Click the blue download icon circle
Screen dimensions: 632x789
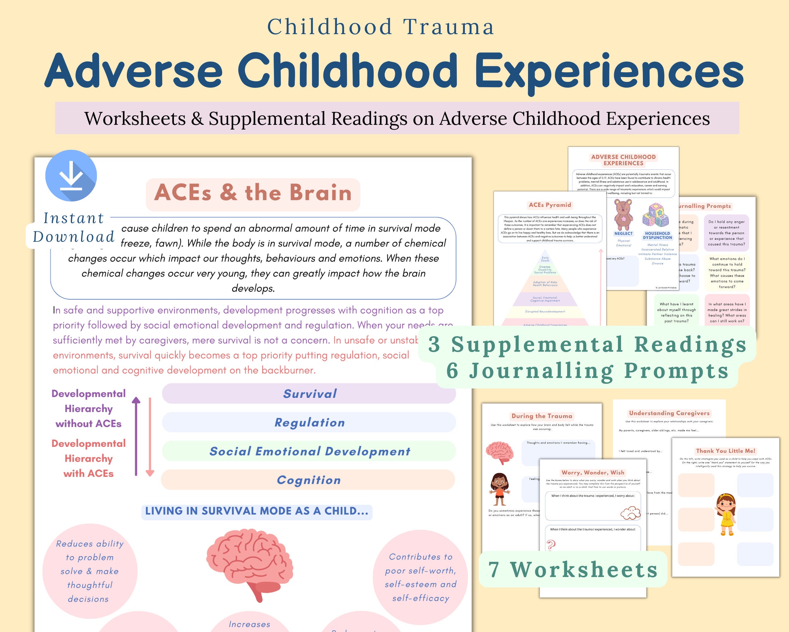(x=71, y=175)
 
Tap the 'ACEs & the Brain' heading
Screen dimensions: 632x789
(x=253, y=193)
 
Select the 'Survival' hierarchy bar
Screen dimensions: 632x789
(x=309, y=394)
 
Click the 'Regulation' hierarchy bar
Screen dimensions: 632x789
(x=309, y=422)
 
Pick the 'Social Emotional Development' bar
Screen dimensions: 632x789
(x=309, y=451)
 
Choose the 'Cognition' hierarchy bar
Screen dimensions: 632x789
(x=309, y=480)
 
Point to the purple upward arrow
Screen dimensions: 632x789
(x=136, y=436)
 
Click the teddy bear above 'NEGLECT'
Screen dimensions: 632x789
(x=623, y=215)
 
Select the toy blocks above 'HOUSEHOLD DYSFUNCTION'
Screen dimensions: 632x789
(x=656, y=216)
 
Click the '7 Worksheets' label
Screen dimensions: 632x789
(x=573, y=570)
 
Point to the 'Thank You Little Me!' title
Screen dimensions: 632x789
(x=726, y=451)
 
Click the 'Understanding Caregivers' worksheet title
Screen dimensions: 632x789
(x=669, y=413)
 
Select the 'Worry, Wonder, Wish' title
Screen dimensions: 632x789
(x=593, y=473)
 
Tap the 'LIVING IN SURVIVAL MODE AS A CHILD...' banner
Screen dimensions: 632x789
(x=257, y=511)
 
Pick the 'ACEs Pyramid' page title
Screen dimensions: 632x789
(x=550, y=205)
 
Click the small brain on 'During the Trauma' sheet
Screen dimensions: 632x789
(x=500, y=453)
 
